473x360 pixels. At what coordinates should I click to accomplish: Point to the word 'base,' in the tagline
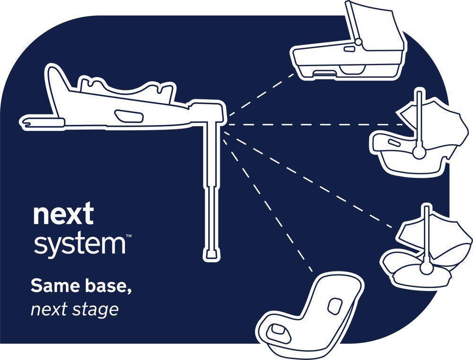pyautogui.click(x=105, y=286)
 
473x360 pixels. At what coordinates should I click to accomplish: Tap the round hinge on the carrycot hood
pyautogui.click(x=358, y=42)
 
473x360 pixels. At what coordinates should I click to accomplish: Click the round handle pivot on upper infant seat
pyautogui.click(x=418, y=152)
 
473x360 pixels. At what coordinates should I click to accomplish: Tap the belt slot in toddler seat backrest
pyautogui.click(x=335, y=306)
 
